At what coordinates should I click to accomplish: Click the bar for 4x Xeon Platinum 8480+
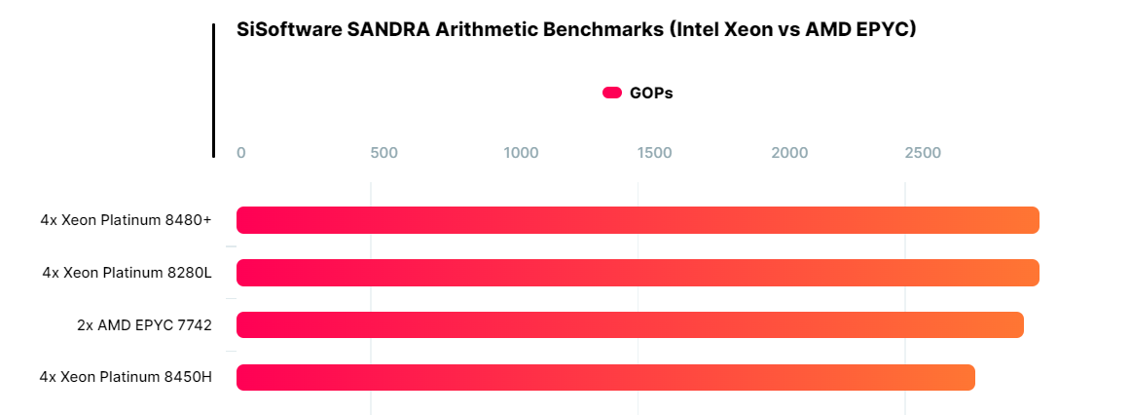click(x=638, y=220)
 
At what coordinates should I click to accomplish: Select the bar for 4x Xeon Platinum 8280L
click(x=638, y=273)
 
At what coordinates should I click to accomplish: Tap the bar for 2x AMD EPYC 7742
click(x=630, y=325)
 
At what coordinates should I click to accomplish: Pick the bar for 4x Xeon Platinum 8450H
click(x=605, y=378)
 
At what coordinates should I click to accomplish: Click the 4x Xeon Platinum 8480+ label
click(x=126, y=220)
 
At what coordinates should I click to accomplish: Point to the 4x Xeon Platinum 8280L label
click(x=127, y=273)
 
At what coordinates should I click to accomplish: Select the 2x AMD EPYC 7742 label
click(x=144, y=325)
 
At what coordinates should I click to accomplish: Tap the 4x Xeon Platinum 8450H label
click(x=126, y=378)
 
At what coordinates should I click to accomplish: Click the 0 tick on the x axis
click(x=241, y=153)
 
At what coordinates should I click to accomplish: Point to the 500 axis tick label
click(x=383, y=153)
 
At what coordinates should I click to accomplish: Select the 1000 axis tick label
click(x=521, y=153)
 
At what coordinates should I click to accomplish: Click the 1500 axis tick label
click(x=654, y=153)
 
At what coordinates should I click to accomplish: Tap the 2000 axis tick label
click(x=789, y=153)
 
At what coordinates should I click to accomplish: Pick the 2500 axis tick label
click(x=923, y=153)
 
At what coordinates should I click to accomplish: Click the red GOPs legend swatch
click(x=612, y=93)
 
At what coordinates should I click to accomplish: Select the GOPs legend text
click(x=651, y=94)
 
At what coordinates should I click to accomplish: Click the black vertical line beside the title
click(x=213, y=90)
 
